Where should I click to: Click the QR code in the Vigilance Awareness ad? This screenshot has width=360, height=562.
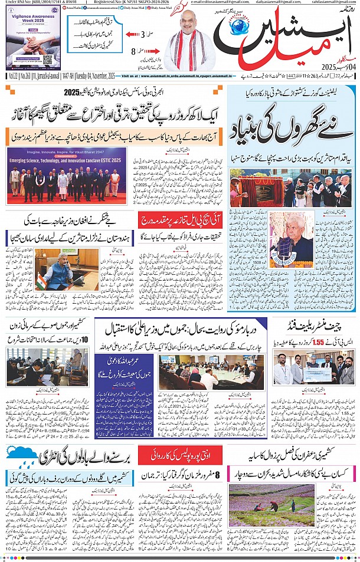pos(48,60)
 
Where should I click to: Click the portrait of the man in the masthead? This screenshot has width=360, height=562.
pos(192,41)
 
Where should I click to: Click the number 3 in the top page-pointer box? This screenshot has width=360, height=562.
pos(143,35)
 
